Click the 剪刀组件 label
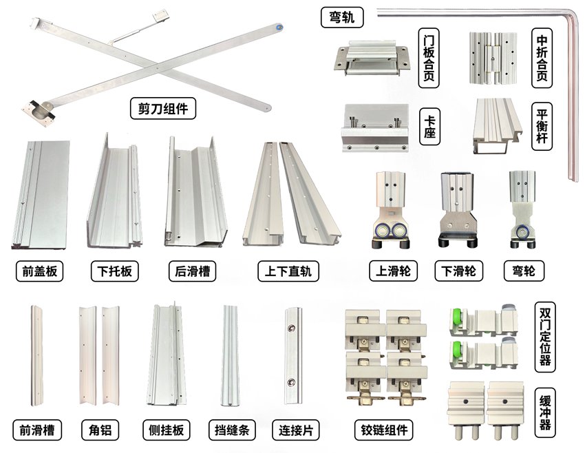pos(162,108)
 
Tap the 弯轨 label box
pos(342,17)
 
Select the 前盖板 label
pos(39,271)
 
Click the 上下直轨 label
pos(288,271)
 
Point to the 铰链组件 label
pos(384,430)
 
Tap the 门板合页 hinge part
pos(371,59)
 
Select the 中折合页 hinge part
pos(493,58)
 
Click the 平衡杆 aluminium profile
pos(498,126)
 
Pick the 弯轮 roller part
pos(523,210)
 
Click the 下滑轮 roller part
pos(458,210)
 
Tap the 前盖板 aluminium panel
pos(41,194)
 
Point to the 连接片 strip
pos(293,356)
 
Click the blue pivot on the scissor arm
pos(278,27)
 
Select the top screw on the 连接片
pos(291,328)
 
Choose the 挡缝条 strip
pos(230,356)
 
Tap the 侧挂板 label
pos(167,430)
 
